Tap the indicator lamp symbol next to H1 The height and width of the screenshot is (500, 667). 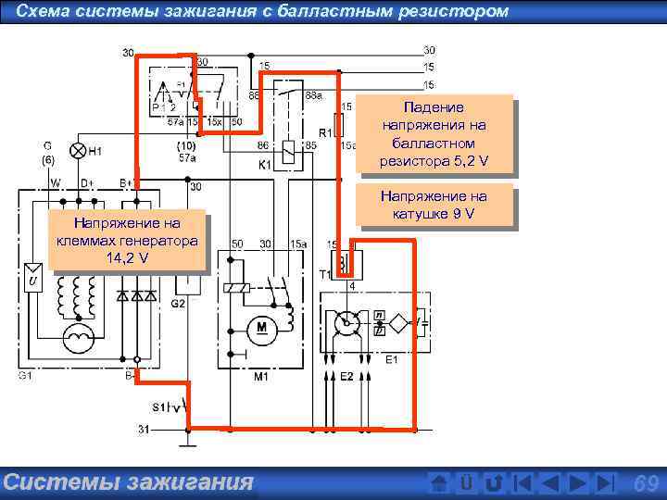(x=79, y=150)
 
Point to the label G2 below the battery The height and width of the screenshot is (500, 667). (x=178, y=303)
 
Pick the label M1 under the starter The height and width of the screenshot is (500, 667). (x=262, y=378)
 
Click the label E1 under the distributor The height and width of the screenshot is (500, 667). (x=392, y=359)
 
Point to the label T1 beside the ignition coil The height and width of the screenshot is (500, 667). (x=326, y=275)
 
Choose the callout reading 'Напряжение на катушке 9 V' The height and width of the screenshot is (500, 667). (x=433, y=206)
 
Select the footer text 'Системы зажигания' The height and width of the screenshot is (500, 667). (x=128, y=481)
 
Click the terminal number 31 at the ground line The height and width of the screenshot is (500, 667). (x=144, y=429)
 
